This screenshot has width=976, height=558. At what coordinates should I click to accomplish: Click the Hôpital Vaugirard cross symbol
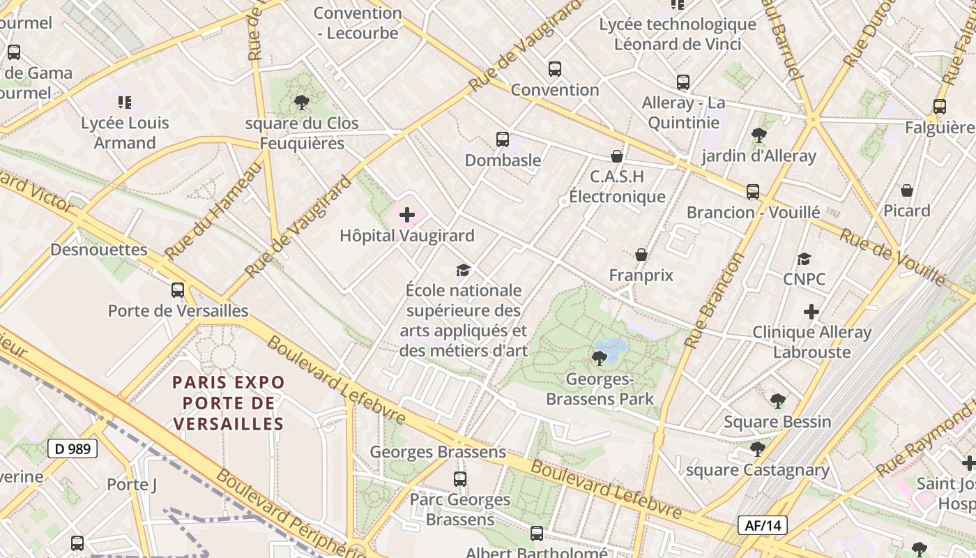coord(407,215)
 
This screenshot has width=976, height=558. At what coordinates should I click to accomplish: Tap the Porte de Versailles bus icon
coord(178,289)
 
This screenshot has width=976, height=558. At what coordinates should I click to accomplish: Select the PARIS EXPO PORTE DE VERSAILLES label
coord(229,402)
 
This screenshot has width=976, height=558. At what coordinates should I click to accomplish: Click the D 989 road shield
coord(73,448)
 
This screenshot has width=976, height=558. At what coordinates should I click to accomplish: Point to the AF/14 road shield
coord(763,525)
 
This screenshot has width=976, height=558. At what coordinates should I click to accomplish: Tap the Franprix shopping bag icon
coord(641,255)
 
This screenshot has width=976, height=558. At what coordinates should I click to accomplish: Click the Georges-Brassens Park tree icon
coord(599,359)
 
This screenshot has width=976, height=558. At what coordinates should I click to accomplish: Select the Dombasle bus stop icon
coord(503,139)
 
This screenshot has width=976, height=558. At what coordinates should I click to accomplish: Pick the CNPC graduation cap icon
coord(804,259)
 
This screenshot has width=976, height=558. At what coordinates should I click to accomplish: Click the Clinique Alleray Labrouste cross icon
coord(811,312)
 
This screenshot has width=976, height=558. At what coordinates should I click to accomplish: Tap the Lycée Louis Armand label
coord(125,133)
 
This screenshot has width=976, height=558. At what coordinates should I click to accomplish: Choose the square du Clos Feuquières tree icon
coord(302,103)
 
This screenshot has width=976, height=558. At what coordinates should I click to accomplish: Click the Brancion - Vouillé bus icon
coord(753,192)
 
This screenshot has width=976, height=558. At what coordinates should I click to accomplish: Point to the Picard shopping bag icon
coord(907,190)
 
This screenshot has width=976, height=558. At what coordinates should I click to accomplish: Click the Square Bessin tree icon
coord(778,401)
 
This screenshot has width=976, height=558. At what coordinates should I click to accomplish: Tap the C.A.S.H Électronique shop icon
coord(617,156)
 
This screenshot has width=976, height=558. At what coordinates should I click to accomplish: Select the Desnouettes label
coord(99,250)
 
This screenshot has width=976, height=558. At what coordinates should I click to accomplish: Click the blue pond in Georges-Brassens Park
coord(612,347)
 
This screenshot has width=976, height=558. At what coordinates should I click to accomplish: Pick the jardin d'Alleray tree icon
coord(759,135)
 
